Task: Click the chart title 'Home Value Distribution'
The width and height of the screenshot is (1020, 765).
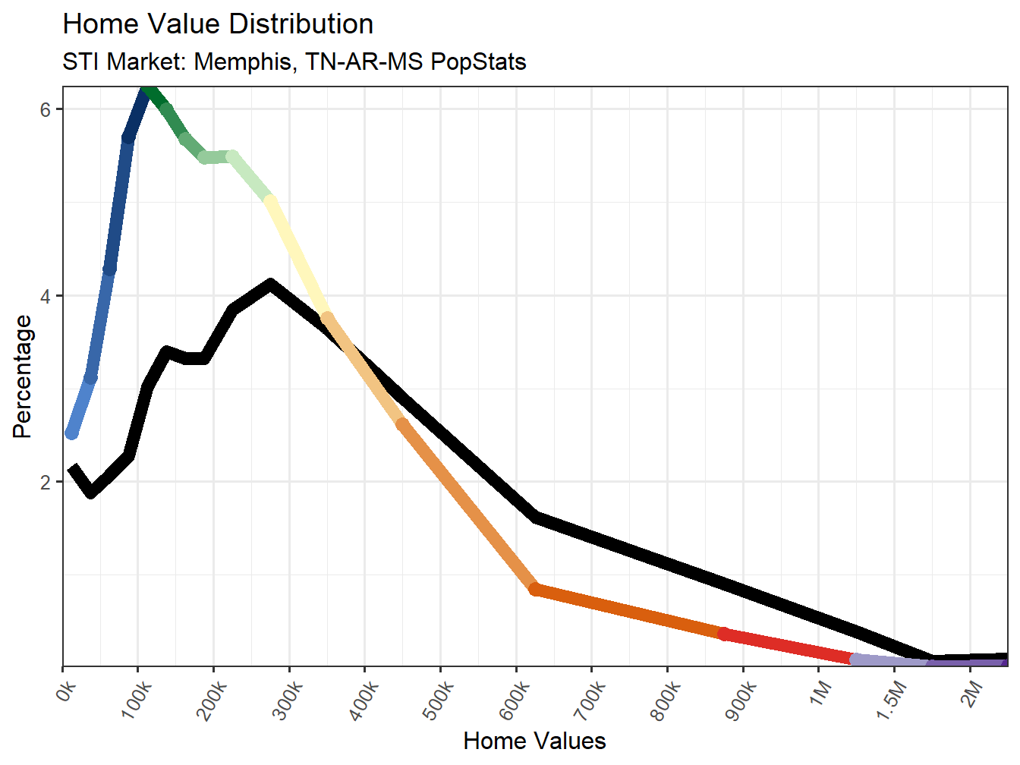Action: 218,24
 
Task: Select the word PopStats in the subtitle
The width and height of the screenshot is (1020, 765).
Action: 478,61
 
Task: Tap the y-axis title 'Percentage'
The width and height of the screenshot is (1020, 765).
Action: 23,377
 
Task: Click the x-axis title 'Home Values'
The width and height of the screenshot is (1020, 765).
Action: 534,741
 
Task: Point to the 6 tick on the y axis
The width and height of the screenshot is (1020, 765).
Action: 46,109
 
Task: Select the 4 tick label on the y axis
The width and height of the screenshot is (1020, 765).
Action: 46,296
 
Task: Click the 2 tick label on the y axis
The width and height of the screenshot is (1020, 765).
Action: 46,483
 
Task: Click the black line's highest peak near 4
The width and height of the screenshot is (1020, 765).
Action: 270,285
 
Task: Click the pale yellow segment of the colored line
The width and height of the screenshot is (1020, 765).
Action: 297,258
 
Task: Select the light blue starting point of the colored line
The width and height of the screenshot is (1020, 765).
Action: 71,433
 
